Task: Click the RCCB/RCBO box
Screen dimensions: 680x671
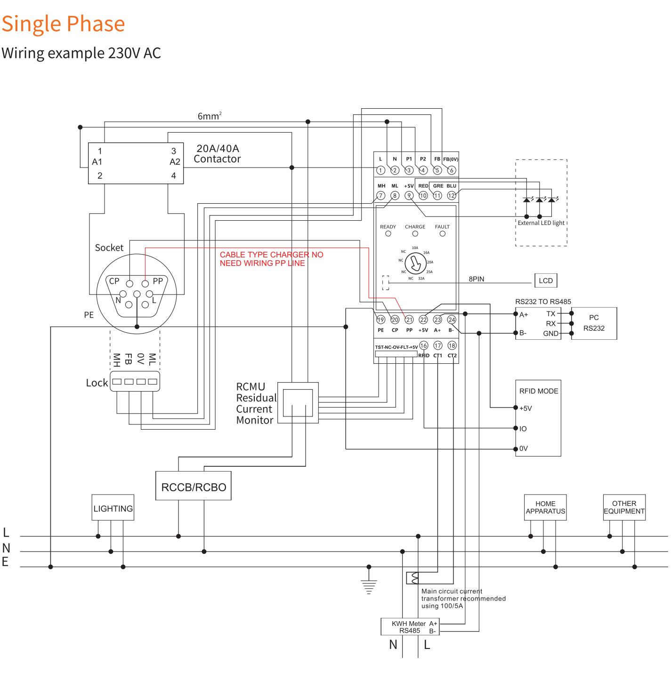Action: click(x=193, y=486)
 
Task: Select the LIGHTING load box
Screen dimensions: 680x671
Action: click(x=113, y=508)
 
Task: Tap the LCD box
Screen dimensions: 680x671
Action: click(x=545, y=281)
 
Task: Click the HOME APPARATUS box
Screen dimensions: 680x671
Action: click(x=545, y=507)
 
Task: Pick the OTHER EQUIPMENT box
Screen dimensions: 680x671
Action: click(x=624, y=507)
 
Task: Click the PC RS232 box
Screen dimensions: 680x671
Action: click(x=593, y=324)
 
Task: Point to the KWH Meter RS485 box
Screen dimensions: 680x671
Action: click(x=410, y=627)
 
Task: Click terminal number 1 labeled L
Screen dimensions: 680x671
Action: click(x=380, y=170)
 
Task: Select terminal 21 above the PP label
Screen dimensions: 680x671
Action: click(x=409, y=320)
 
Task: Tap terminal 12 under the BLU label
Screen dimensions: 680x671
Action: click(x=452, y=195)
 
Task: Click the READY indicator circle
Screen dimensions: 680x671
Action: click(x=388, y=234)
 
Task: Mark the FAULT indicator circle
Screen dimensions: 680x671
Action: click(x=442, y=234)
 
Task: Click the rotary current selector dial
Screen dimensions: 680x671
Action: click(x=415, y=264)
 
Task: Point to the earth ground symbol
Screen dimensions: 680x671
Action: click(x=369, y=586)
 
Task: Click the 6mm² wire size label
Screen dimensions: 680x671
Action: click(x=209, y=116)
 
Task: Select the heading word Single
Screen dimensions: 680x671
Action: click(x=31, y=24)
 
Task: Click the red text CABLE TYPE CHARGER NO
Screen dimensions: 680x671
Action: click(x=271, y=255)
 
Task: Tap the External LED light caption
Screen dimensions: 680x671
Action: click(x=541, y=223)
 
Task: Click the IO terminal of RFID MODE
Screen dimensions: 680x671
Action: click(x=516, y=428)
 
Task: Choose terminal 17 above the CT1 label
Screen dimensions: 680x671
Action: click(x=437, y=346)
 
